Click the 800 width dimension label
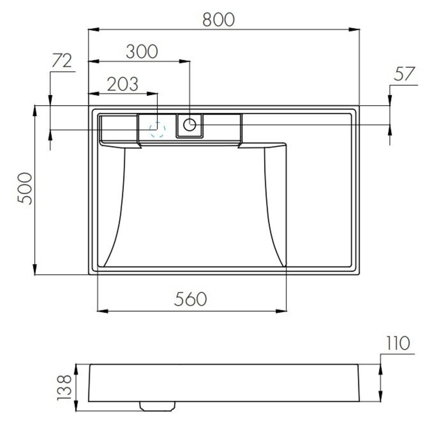218,20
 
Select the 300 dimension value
142,52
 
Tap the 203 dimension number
122,84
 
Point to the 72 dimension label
62,61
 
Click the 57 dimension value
404,74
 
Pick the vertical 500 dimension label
25,188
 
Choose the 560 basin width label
190,299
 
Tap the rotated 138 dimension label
65,387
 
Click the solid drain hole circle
190,125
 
